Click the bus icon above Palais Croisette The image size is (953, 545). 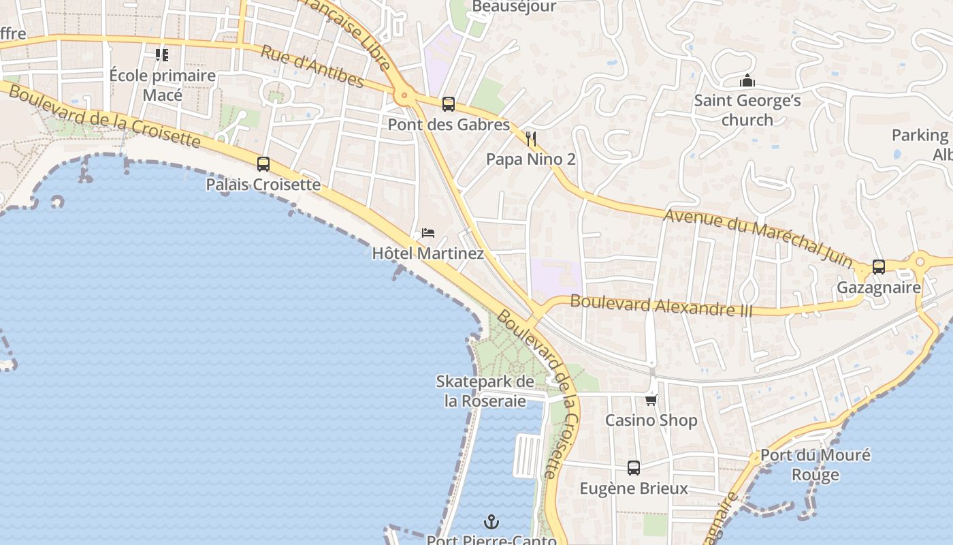pyautogui.click(x=263, y=163)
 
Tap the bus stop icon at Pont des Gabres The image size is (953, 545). pyautogui.click(x=448, y=104)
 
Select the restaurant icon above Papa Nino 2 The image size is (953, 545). pyautogui.click(x=531, y=139)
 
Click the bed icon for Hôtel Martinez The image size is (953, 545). pyautogui.click(x=428, y=233)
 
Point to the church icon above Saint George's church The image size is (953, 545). pyautogui.click(x=747, y=81)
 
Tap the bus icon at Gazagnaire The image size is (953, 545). pyautogui.click(x=878, y=266)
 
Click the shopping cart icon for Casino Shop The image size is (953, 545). pyautogui.click(x=651, y=400)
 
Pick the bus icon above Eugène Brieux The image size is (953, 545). pyautogui.click(x=634, y=468)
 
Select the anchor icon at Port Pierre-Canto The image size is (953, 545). pyautogui.click(x=491, y=523)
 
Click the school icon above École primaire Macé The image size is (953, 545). pyautogui.click(x=162, y=54)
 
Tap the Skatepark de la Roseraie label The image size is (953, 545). pyautogui.click(x=485, y=391)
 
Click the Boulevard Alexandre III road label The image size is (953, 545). pyautogui.click(x=661, y=305)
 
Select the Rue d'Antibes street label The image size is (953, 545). pyautogui.click(x=312, y=66)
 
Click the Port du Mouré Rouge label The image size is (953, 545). pyautogui.click(x=815, y=465)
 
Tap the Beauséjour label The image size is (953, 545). pyautogui.click(x=514, y=7)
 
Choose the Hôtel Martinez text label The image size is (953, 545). pyautogui.click(x=427, y=254)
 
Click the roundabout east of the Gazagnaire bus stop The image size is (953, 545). pyautogui.click(x=920, y=260)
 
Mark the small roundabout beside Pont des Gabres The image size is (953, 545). pyautogui.click(x=404, y=97)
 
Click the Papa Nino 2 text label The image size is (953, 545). pyautogui.click(x=530, y=159)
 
